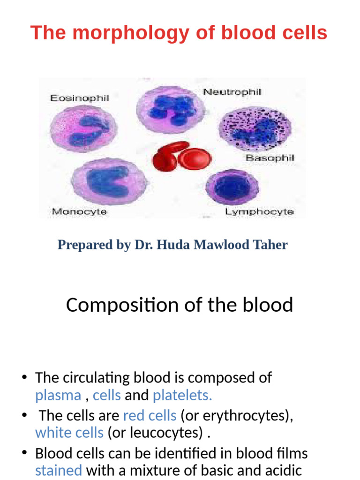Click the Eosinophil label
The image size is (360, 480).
[79, 98]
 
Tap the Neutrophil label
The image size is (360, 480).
[232, 93]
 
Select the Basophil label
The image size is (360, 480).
[270, 158]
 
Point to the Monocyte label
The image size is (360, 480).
[79, 212]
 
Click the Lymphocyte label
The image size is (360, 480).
[259, 212]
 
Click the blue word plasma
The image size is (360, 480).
[58, 396]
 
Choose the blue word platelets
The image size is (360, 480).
[182, 396]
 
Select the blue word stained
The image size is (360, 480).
[59, 470]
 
